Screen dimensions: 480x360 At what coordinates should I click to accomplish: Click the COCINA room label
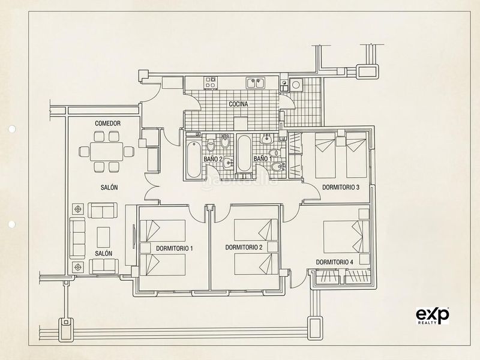click(x=238, y=104)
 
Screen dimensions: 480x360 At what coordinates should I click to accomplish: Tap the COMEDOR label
click(x=108, y=124)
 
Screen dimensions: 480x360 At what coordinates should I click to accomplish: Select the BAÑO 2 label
click(x=213, y=159)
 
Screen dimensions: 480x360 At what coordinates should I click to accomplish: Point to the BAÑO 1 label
click(x=263, y=158)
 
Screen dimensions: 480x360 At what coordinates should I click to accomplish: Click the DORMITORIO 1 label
click(x=175, y=248)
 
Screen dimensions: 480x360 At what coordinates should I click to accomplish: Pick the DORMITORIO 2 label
click(x=244, y=247)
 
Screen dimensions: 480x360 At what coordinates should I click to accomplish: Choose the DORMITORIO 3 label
click(x=341, y=187)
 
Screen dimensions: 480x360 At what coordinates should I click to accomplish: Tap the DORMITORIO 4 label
click(x=335, y=262)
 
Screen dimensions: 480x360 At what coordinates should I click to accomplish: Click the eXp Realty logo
click(x=432, y=316)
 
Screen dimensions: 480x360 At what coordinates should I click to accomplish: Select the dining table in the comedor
click(x=107, y=151)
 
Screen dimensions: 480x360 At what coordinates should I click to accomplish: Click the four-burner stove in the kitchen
click(x=211, y=83)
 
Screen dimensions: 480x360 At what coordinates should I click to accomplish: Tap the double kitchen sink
click(x=256, y=83)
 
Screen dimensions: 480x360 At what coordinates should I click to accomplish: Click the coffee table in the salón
click(x=103, y=237)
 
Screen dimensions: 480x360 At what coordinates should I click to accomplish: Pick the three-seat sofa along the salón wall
click(x=77, y=238)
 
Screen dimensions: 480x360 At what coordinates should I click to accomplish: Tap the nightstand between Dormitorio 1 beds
click(x=145, y=248)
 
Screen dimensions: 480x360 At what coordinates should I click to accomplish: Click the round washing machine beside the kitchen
click(x=296, y=85)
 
